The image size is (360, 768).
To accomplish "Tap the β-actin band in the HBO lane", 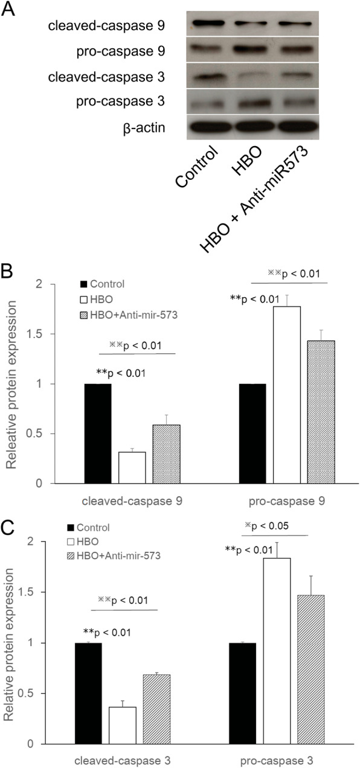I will [242, 127].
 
